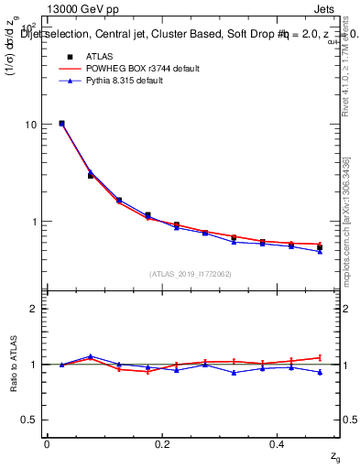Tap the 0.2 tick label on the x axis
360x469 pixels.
coord(162,443)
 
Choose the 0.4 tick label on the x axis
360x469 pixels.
coord(278,443)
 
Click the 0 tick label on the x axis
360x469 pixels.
coord(47,443)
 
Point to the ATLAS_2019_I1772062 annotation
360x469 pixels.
coord(192,273)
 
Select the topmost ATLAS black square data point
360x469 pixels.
coord(61,123)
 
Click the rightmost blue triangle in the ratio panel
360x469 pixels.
coord(320,372)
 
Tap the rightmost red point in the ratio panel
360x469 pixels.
coord(320,357)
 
